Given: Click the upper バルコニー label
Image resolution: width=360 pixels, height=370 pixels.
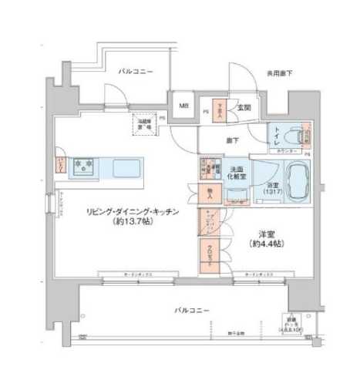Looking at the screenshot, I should (136, 72).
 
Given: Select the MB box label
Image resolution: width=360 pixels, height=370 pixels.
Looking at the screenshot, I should (185, 106).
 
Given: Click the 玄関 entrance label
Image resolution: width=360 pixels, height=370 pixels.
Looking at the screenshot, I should (244, 106).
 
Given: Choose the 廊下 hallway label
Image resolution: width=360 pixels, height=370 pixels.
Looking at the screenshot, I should (232, 140).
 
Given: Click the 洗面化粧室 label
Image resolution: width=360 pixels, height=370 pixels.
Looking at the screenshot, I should (237, 172).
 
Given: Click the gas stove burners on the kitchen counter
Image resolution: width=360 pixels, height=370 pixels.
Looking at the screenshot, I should (82, 165).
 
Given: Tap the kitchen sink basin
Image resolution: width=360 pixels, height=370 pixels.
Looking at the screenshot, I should (126, 166).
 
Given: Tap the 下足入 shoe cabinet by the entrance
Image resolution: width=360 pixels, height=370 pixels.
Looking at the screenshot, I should (217, 108).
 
